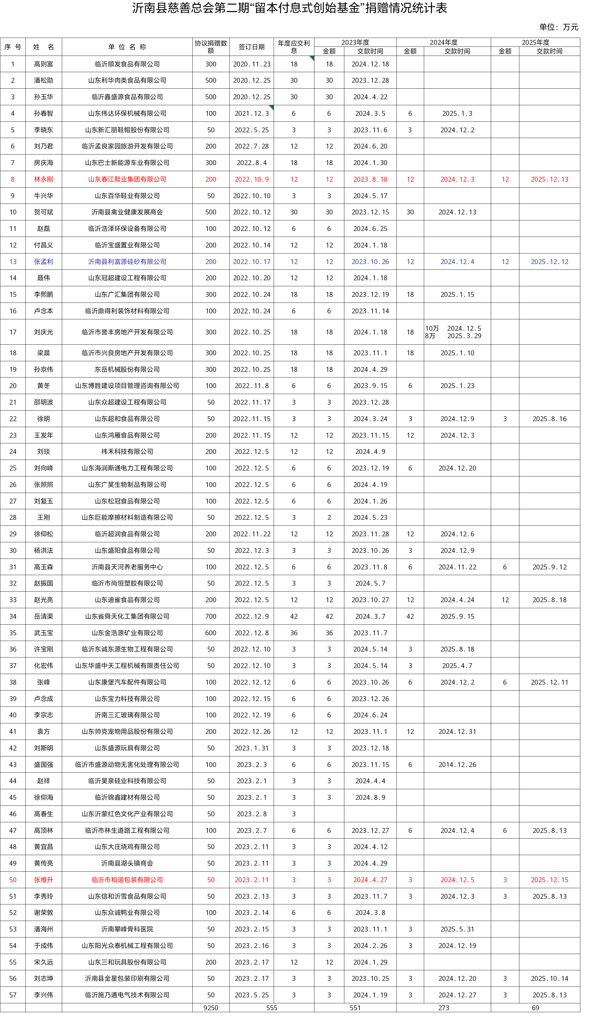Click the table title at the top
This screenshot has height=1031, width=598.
[x=289, y=8]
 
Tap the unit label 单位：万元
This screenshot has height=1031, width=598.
[x=558, y=27]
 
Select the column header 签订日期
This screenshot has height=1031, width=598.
[x=252, y=47]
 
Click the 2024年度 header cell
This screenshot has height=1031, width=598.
[x=444, y=42]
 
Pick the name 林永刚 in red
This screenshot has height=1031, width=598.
[x=43, y=179]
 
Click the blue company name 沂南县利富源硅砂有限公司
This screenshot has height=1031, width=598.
[x=127, y=261]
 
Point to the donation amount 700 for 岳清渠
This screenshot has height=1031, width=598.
[x=211, y=616]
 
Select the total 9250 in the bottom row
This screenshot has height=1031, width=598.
[x=211, y=1008]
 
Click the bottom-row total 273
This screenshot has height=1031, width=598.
[x=444, y=1008]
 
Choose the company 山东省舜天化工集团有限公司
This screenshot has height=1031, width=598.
[x=127, y=616]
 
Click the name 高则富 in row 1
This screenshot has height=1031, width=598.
[x=43, y=64]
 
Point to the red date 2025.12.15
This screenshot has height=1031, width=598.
[x=549, y=880]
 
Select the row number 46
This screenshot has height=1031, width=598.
[x=13, y=814]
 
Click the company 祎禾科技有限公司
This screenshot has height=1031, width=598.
[x=127, y=452]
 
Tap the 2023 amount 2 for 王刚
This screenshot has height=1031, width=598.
[x=329, y=517]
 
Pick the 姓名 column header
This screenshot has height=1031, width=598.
[x=43, y=47]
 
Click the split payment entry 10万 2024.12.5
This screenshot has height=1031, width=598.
[x=453, y=328]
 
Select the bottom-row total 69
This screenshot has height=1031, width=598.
[x=535, y=1008]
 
